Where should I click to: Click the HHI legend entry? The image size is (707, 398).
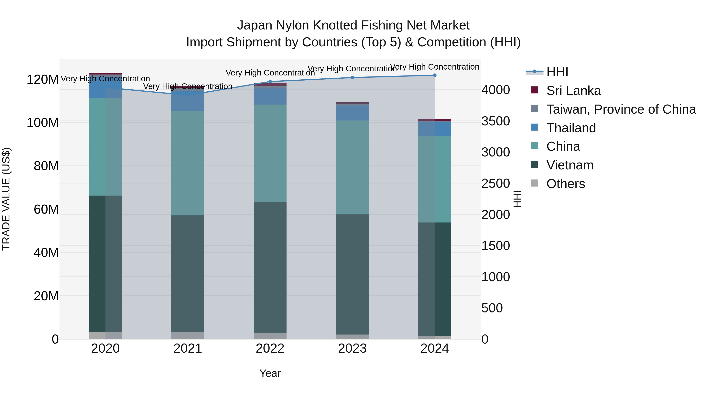click(x=557, y=72)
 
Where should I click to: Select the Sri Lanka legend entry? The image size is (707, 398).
click(x=573, y=91)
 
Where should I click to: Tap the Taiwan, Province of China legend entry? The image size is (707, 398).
click(x=621, y=109)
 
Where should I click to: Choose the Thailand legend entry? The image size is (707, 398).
click(x=571, y=128)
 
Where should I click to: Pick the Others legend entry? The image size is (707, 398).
click(x=565, y=184)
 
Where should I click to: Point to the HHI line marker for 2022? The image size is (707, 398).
click(x=270, y=82)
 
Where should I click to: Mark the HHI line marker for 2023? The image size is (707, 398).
click(x=352, y=77)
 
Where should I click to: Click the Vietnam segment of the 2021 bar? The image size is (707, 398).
click(x=188, y=273)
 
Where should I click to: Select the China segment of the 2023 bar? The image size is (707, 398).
click(x=352, y=167)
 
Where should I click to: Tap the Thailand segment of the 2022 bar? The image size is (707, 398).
click(x=270, y=97)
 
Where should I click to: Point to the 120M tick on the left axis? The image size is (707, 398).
click(x=43, y=80)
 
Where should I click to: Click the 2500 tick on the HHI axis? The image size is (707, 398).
click(x=495, y=184)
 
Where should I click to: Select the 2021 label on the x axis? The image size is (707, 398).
click(x=188, y=348)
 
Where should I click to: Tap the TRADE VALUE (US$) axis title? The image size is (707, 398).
click(x=6, y=199)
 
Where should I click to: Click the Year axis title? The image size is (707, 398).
click(x=270, y=373)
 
